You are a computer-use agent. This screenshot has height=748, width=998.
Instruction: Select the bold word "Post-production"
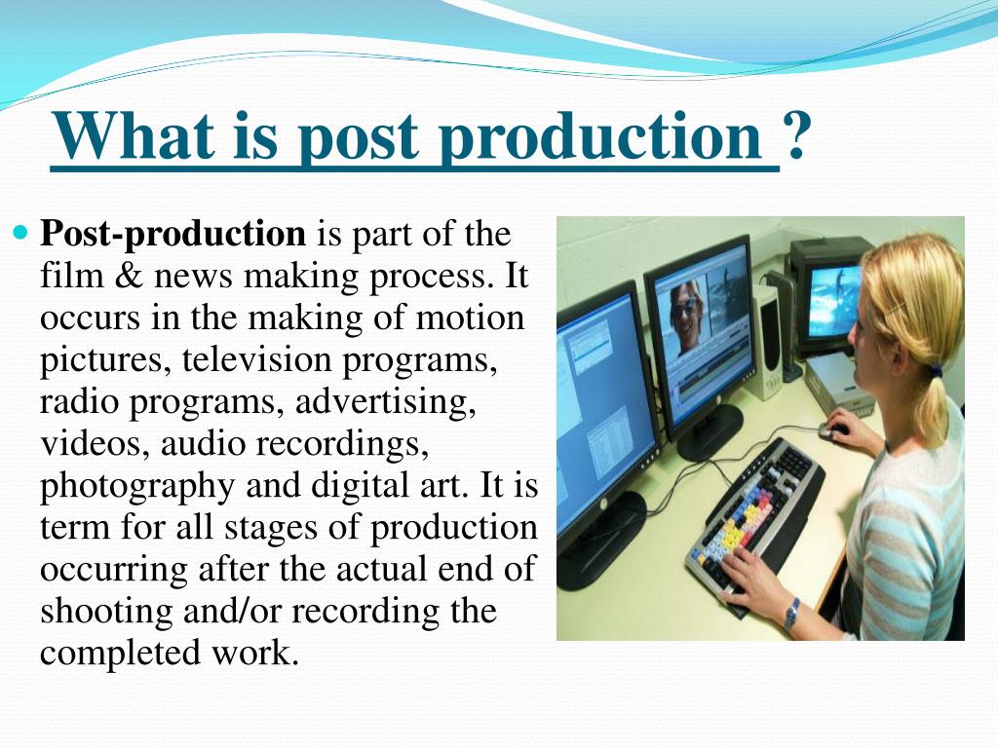173,235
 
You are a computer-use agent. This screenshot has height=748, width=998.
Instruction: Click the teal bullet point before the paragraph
21,232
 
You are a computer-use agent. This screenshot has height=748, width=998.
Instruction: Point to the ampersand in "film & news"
130,276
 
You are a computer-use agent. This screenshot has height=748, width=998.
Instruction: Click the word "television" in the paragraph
257,360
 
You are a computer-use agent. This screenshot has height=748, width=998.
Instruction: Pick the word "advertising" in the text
385,403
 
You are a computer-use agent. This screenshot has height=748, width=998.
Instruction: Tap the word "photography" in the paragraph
137,487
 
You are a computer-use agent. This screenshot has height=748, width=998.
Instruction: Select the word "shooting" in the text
106,612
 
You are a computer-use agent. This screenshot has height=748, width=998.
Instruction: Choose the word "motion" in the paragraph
471,318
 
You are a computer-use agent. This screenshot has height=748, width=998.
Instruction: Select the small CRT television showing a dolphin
828,296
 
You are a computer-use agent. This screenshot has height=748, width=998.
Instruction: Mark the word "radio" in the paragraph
79,402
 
